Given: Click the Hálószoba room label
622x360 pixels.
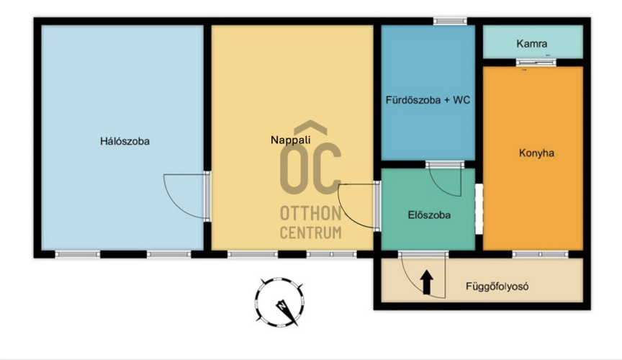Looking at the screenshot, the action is (125, 141).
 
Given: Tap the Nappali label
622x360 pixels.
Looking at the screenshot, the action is (290, 140).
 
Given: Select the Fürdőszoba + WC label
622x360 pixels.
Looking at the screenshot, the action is (428, 100).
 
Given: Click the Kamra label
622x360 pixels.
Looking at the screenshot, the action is (531, 44).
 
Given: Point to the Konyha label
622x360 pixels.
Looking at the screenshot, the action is (536, 153).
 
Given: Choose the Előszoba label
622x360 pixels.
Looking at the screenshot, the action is (429, 215).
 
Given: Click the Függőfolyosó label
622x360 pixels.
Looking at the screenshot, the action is (497, 286).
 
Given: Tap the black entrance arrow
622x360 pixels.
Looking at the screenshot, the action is (426, 283).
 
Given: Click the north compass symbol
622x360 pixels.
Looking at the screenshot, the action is (279, 302).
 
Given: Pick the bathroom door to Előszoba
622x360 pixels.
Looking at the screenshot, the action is (445, 179).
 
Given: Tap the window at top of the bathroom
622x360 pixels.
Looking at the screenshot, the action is (450, 21).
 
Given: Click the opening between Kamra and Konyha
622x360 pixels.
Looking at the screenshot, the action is (536, 63).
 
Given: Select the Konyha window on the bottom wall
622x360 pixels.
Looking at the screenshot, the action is (540, 254).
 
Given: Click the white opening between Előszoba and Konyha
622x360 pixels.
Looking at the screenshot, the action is (479, 209).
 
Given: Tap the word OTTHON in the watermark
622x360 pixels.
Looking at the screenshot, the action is (310, 214).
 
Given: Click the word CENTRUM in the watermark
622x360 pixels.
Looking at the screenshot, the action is (310, 233).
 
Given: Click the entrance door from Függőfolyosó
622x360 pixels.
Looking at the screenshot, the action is (423, 274).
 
